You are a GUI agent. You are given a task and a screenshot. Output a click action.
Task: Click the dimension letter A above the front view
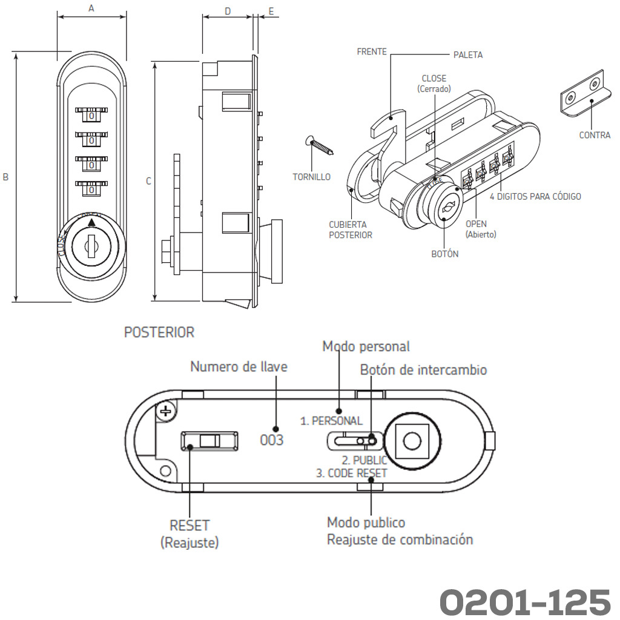point(91,8)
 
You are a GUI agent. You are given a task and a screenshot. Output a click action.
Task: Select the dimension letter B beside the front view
point(5,177)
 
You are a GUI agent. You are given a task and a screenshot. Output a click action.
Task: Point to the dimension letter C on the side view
point(148,180)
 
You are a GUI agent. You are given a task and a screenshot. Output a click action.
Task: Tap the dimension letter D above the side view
point(227,11)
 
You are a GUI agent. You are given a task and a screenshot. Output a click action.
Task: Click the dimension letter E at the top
point(271,11)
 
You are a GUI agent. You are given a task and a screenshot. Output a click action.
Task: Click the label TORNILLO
point(311,177)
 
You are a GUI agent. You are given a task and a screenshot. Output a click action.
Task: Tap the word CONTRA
point(595,135)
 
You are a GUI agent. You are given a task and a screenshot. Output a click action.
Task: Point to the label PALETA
point(468,55)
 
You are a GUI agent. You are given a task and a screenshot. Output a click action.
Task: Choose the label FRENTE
point(372,52)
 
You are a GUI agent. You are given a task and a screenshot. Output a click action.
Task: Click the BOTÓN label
point(444,254)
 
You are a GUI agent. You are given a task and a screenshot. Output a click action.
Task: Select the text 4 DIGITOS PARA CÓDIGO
point(535,197)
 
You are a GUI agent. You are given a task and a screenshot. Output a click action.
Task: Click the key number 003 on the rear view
point(271,440)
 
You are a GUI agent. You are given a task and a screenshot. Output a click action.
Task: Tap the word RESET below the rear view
point(190,526)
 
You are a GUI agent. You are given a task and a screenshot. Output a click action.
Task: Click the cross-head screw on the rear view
point(165,412)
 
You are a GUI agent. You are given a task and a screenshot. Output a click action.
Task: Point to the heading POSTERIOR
point(159,332)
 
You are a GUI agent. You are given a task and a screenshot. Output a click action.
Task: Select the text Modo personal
point(366,346)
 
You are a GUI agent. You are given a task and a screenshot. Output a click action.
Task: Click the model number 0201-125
point(524,601)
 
